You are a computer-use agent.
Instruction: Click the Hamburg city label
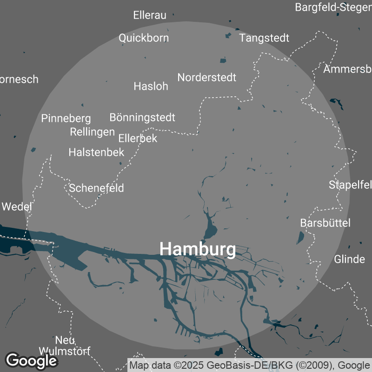pyautogui.click(x=198, y=249)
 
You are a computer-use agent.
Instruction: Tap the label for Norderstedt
pyautogui.click(x=207, y=77)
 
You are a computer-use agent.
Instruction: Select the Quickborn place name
pyautogui.click(x=144, y=38)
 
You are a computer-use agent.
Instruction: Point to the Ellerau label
pyautogui.click(x=150, y=15)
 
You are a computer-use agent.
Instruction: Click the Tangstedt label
pyautogui.click(x=264, y=38)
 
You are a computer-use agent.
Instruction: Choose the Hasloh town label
pyautogui.click(x=151, y=86)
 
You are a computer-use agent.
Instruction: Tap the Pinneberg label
pyautogui.click(x=66, y=119)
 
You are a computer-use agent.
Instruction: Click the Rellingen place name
pyautogui.click(x=92, y=132)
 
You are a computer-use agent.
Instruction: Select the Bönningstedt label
pyautogui.click(x=142, y=117)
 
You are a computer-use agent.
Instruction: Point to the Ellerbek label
pyautogui.click(x=138, y=138)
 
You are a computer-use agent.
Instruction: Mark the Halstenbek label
pyautogui.click(x=96, y=152)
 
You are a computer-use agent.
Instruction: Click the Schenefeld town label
pyautogui.click(x=97, y=188)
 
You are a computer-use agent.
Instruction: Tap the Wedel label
pyautogui.click(x=17, y=206)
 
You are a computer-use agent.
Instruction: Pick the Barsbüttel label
pyautogui.click(x=325, y=223)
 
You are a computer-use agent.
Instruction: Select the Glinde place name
pyautogui.click(x=349, y=259)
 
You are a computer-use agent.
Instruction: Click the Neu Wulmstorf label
pyautogui.click(x=65, y=345)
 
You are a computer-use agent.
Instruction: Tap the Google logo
pyautogui.click(x=31, y=360)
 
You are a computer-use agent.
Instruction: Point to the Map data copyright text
pyautogui.click(x=250, y=365)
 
